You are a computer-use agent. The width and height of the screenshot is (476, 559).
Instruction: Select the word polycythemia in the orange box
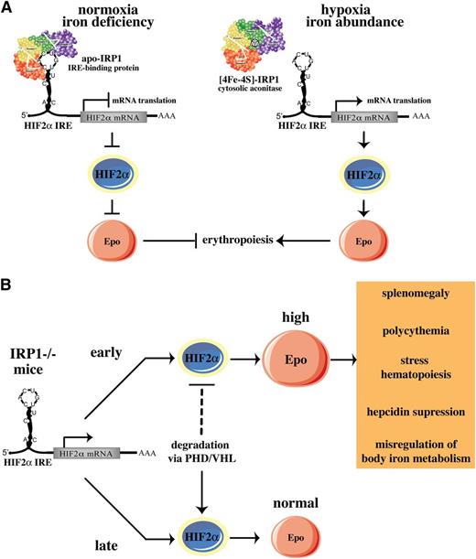pos(417,349)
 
